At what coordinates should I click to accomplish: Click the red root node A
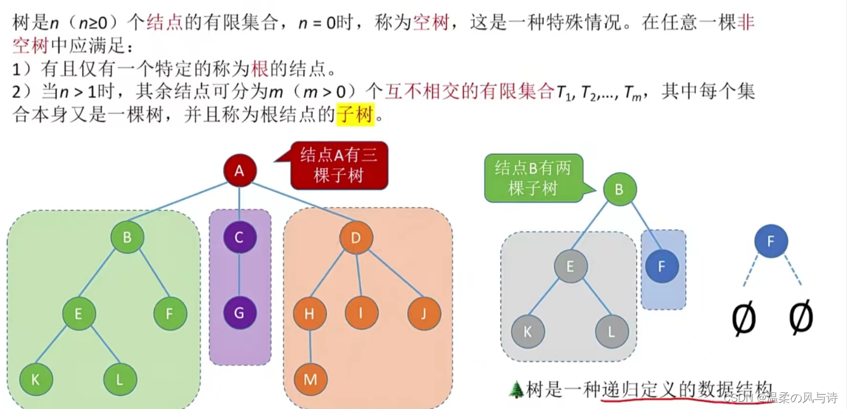240,171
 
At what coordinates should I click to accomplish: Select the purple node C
240,238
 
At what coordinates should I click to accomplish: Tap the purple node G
240,313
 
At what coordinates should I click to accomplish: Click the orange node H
309,313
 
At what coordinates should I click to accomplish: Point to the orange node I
361,313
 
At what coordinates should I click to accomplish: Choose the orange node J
424,313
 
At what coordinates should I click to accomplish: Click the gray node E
570,266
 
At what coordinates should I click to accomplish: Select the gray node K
527,331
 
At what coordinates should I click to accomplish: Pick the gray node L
612,331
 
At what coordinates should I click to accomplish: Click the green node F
170,313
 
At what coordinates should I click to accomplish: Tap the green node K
36,379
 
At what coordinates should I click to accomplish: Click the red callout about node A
339,165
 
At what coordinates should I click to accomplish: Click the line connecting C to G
240,276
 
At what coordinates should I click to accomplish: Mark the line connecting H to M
310,346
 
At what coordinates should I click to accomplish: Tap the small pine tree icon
515,390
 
